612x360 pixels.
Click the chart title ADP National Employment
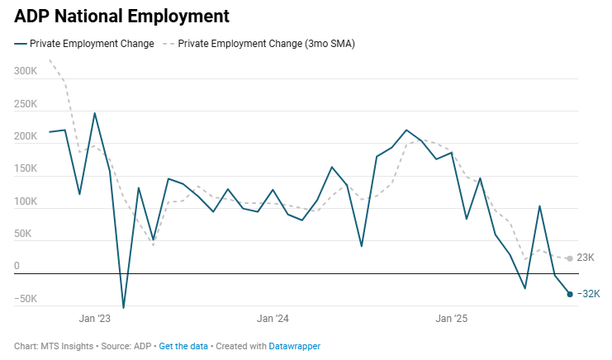tap(121, 16)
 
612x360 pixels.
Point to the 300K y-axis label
tap(26, 72)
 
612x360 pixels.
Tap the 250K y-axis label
tap(26, 105)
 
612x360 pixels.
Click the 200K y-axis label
tap(26, 137)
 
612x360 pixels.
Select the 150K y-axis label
tap(26, 169)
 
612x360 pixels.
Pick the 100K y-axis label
tap(26, 202)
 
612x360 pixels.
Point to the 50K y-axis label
tap(28, 234)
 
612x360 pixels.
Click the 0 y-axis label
tap(17, 267)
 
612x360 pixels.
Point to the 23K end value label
tap(585, 258)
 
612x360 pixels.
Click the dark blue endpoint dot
tap(570, 294)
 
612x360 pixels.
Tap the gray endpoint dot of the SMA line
tap(570, 258)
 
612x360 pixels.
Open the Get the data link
tap(183, 347)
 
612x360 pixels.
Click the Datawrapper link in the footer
tap(294, 347)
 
